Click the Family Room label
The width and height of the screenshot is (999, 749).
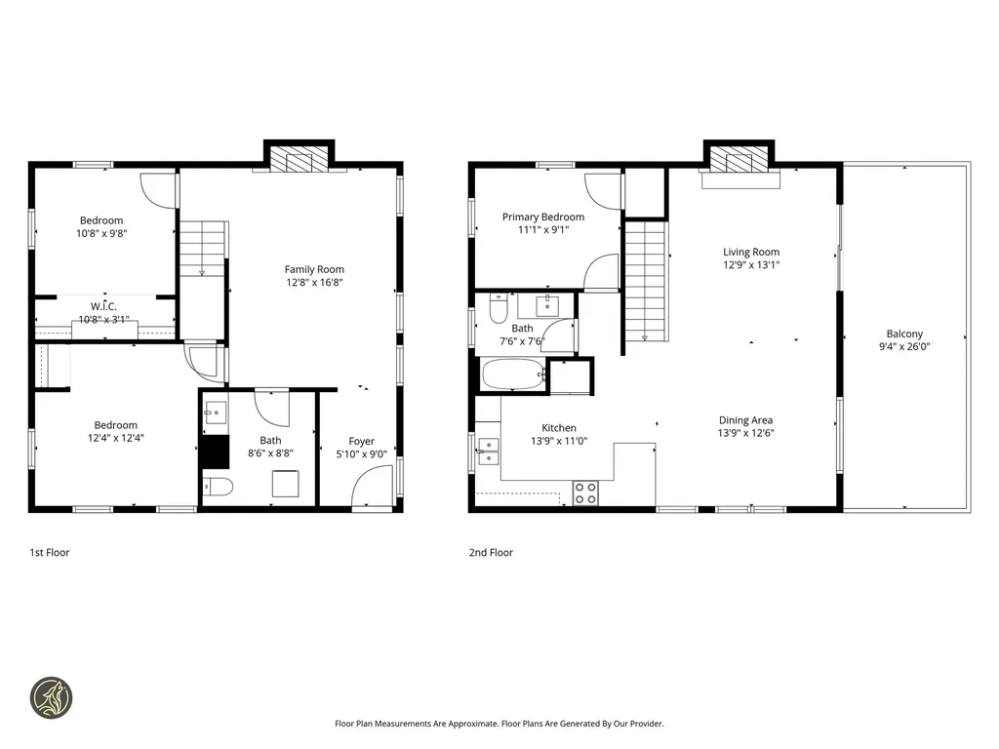coord(314,269)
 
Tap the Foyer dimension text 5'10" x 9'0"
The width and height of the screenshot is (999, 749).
coord(361,453)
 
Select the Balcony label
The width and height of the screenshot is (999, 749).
coord(904,334)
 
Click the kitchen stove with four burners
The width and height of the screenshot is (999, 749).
coord(585,493)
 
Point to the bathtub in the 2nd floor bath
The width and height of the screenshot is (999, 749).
coord(513,374)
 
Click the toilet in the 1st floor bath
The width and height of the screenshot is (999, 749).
coord(217,486)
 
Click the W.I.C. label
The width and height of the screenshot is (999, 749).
coord(105,306)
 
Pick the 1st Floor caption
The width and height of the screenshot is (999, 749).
coord(50,552)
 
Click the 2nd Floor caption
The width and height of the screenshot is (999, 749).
coord(491,552)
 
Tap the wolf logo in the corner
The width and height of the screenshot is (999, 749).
coord(50,698)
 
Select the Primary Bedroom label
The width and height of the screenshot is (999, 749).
coord(543,217)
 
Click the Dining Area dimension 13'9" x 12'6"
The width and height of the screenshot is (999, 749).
coord(747,433)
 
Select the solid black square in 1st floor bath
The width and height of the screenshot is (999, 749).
coord(213,453)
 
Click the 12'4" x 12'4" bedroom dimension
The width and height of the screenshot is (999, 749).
coord(115,438)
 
